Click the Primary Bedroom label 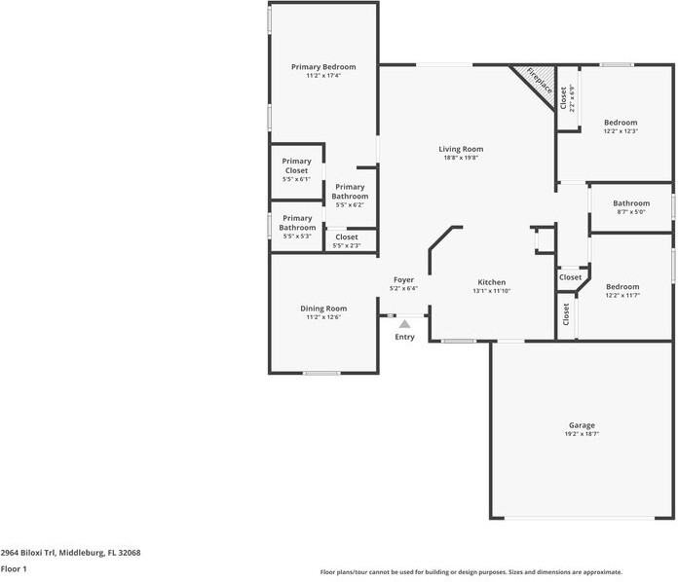tap(323, 67)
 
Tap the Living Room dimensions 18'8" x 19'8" tap(461, 158)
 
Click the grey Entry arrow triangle tap(404, 324)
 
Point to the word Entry tap(404, 337)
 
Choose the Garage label tap(582, 425)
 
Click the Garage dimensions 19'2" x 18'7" tap(582, 434)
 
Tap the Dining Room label tap(323, 309)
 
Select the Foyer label tap(403, 280)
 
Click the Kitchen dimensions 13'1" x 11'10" tap(492, 291)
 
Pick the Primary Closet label tap(296, 165)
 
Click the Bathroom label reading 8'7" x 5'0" tap(631, 203)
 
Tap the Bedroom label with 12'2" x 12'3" tap(621, 123)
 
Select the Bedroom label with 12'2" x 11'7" tap(622, 286)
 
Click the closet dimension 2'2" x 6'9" tap(573, 98)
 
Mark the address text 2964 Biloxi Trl tap(28, 553)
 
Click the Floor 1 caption tap(14, 569)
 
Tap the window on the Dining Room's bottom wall tap(321, 373)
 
